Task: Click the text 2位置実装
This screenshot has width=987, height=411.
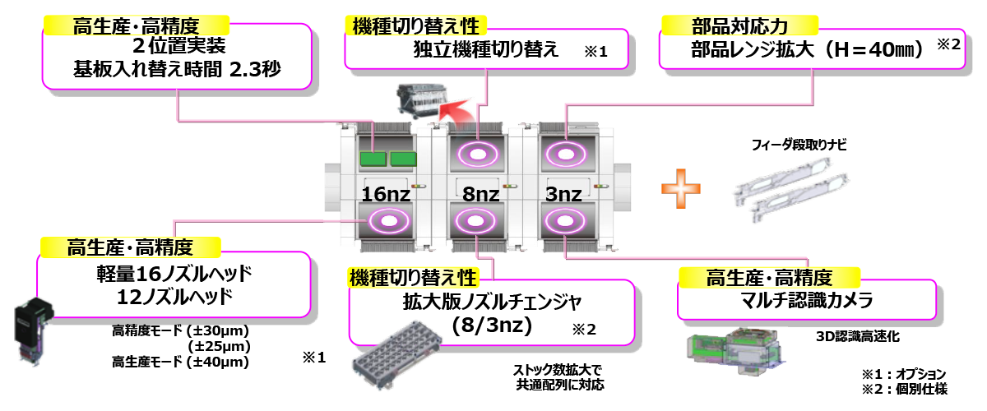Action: (x=177, y=46)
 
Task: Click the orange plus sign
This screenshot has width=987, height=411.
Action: (x=682, y=188)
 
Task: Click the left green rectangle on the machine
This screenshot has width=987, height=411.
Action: (x=373, y=158)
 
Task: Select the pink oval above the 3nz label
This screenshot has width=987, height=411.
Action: (x=564, y=154)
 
